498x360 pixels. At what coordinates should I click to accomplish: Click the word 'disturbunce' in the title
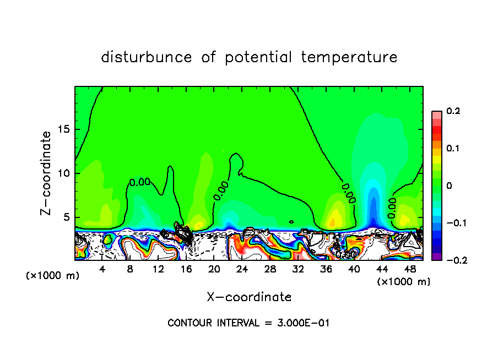(x=147, y=57)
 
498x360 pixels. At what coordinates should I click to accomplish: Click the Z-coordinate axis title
(x=48, y=173)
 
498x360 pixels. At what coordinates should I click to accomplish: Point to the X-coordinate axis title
(x=249, y=297)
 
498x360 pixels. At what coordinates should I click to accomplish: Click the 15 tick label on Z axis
(x=64, y=130)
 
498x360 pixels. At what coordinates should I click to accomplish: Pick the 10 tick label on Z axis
(x=64, y=173)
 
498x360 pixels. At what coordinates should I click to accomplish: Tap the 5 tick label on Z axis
(x=67, y=217)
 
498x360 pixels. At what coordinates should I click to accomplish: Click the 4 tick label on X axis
(x=102, y=269)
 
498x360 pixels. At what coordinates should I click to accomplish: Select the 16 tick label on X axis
(x=186, y=269)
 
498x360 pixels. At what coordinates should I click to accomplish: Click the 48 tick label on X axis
(x=409, y=269)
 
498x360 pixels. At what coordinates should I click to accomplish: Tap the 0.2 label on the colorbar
(x=453, y=111)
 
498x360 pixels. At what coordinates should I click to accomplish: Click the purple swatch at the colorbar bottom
(x=436, y=257)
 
